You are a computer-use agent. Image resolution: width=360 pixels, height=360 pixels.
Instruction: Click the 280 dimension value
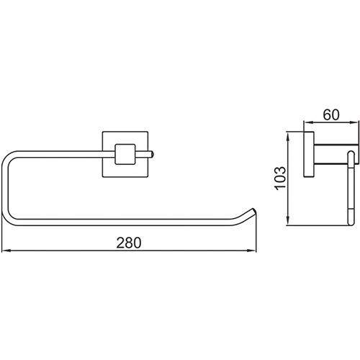point(129,243)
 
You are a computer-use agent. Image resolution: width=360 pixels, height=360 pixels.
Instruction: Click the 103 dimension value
point(281,178)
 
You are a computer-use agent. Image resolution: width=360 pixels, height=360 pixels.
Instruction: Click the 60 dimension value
point(331,114)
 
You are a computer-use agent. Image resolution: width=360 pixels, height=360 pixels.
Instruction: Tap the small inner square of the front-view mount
point(125,154)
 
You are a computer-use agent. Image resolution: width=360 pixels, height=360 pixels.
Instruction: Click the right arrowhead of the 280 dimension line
point(252,251)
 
